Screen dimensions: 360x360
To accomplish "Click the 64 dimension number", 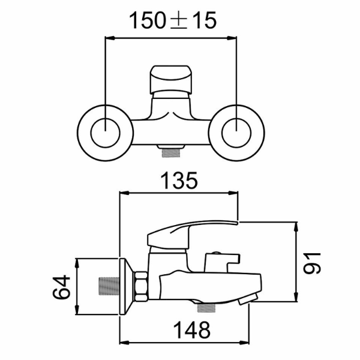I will point(61,287).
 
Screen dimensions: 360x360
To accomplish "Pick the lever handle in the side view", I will point(192,231).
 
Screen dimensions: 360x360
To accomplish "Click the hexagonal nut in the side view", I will point(141,286).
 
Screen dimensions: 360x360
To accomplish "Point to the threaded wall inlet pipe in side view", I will point(108,287).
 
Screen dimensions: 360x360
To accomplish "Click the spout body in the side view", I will point(210,285).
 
